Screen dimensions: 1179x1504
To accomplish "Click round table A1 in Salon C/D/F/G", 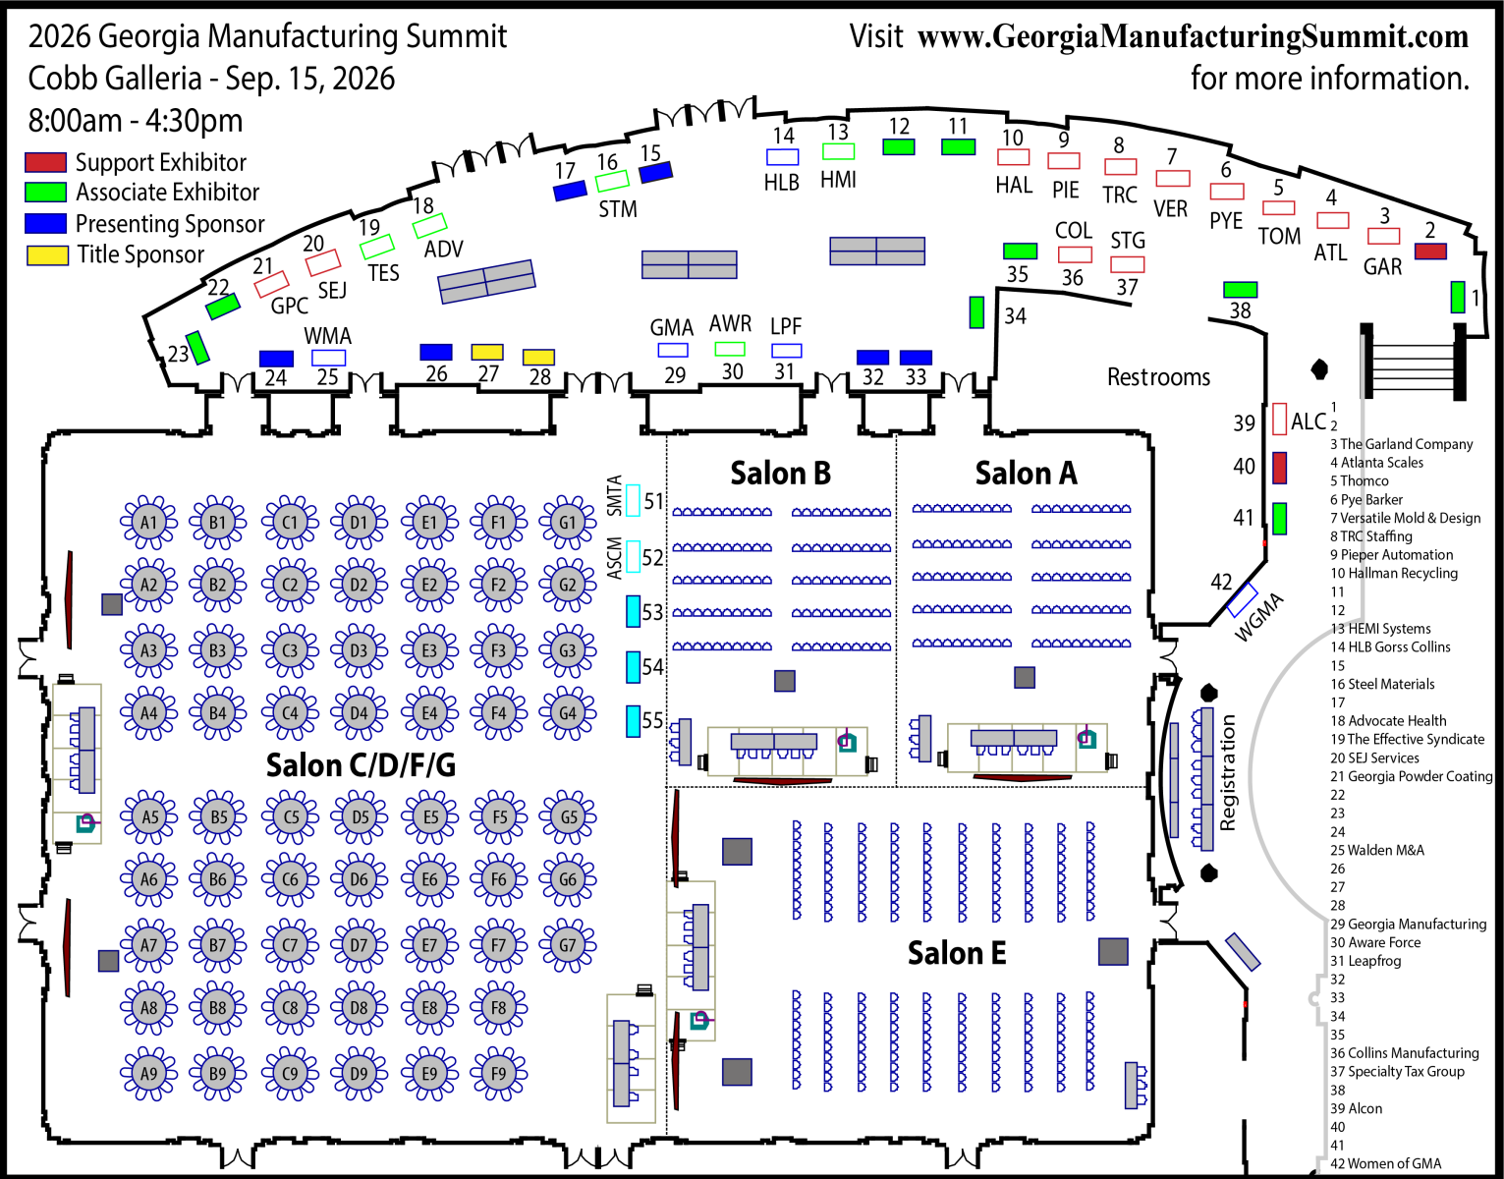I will [148, 522].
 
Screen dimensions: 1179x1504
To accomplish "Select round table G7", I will [568, 945].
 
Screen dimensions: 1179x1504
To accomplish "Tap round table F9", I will [499, 1073].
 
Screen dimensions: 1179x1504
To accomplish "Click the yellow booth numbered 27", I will [487, 352].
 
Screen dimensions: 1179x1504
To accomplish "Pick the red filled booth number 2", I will [1430, 252].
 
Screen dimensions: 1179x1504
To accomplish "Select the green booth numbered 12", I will [899, 146].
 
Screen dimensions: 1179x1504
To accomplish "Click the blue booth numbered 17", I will [570, 191].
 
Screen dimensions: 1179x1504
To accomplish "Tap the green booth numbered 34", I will [976, 312].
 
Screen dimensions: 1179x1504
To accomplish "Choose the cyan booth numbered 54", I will [634, 667].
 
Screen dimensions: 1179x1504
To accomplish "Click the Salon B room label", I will [780, 474].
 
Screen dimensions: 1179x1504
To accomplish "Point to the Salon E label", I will [957, 953].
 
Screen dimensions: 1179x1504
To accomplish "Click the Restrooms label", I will [1158, 377].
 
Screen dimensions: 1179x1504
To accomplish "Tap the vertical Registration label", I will [1228, 773].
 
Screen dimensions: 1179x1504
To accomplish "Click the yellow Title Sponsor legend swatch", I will [47, 255].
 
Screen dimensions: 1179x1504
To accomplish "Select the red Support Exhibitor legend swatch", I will [46, 162].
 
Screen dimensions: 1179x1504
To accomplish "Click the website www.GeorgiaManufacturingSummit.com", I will [1193, 37].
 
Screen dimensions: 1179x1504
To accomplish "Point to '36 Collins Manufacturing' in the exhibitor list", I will [1404, 1053].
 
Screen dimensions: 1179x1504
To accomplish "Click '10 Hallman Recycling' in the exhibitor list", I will [1394, 574].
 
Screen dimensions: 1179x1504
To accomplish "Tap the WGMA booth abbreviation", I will [1258, 617].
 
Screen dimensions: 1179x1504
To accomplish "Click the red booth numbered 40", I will [1279, 468].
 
